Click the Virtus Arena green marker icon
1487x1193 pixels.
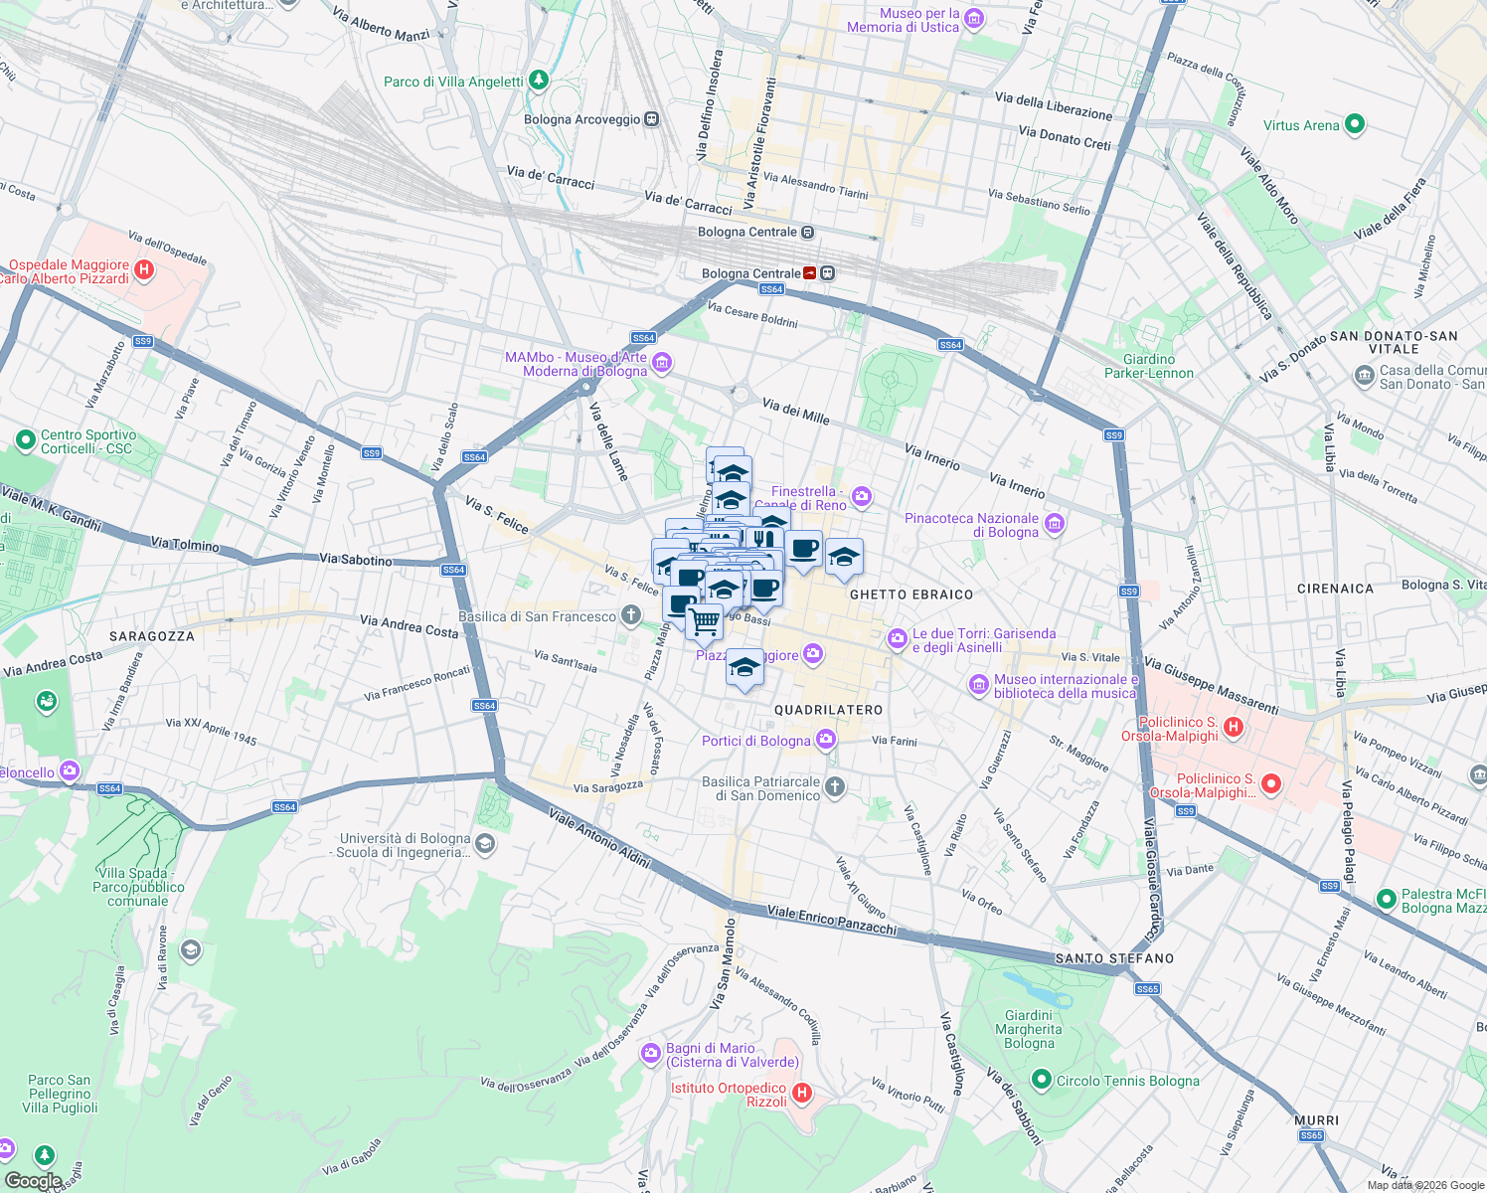(1354, 125)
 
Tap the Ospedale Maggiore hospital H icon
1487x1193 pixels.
(144, 269)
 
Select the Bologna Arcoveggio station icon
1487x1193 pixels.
(651, 119)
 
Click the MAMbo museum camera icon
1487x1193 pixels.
(662, 363)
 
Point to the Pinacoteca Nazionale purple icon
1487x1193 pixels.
(1055, 523)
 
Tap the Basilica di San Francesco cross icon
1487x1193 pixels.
(630, 615)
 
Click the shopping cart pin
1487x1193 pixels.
(705, 622)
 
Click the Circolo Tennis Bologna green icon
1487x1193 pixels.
(1041, 1079)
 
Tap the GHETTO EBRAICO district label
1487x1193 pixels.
(911, 595)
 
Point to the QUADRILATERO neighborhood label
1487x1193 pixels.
(828, 711)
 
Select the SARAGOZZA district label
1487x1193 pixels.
(152, 636)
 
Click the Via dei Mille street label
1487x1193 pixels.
(795, 411)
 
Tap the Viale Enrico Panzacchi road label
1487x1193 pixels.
(831, 921)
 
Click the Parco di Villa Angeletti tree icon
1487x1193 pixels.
(538, 80)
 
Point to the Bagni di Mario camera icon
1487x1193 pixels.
(651, 1053)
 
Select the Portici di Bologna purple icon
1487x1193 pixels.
(825, 739)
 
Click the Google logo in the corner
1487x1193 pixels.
(33, 1180)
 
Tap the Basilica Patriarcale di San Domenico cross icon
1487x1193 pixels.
(835, 787)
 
